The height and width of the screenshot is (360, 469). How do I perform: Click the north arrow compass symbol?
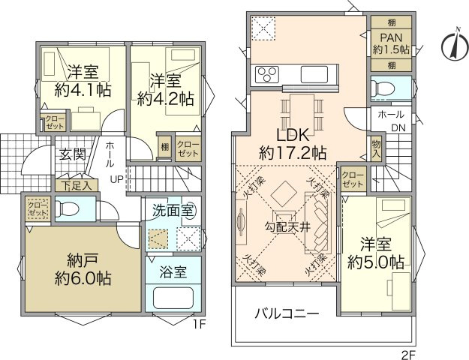tap(452, 42)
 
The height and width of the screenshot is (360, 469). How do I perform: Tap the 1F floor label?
tap(197, 325)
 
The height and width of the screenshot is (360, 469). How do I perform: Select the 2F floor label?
tap(406, 349)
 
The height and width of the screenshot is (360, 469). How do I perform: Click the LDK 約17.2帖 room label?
tap(292, 144)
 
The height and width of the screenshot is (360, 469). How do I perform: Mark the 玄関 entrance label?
tap(73, 155)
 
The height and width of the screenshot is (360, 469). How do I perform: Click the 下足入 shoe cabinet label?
tap(77, 184)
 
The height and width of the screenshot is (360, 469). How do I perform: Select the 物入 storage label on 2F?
tap(376, 148)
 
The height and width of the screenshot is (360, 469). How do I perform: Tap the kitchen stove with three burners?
tap(267, 74)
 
